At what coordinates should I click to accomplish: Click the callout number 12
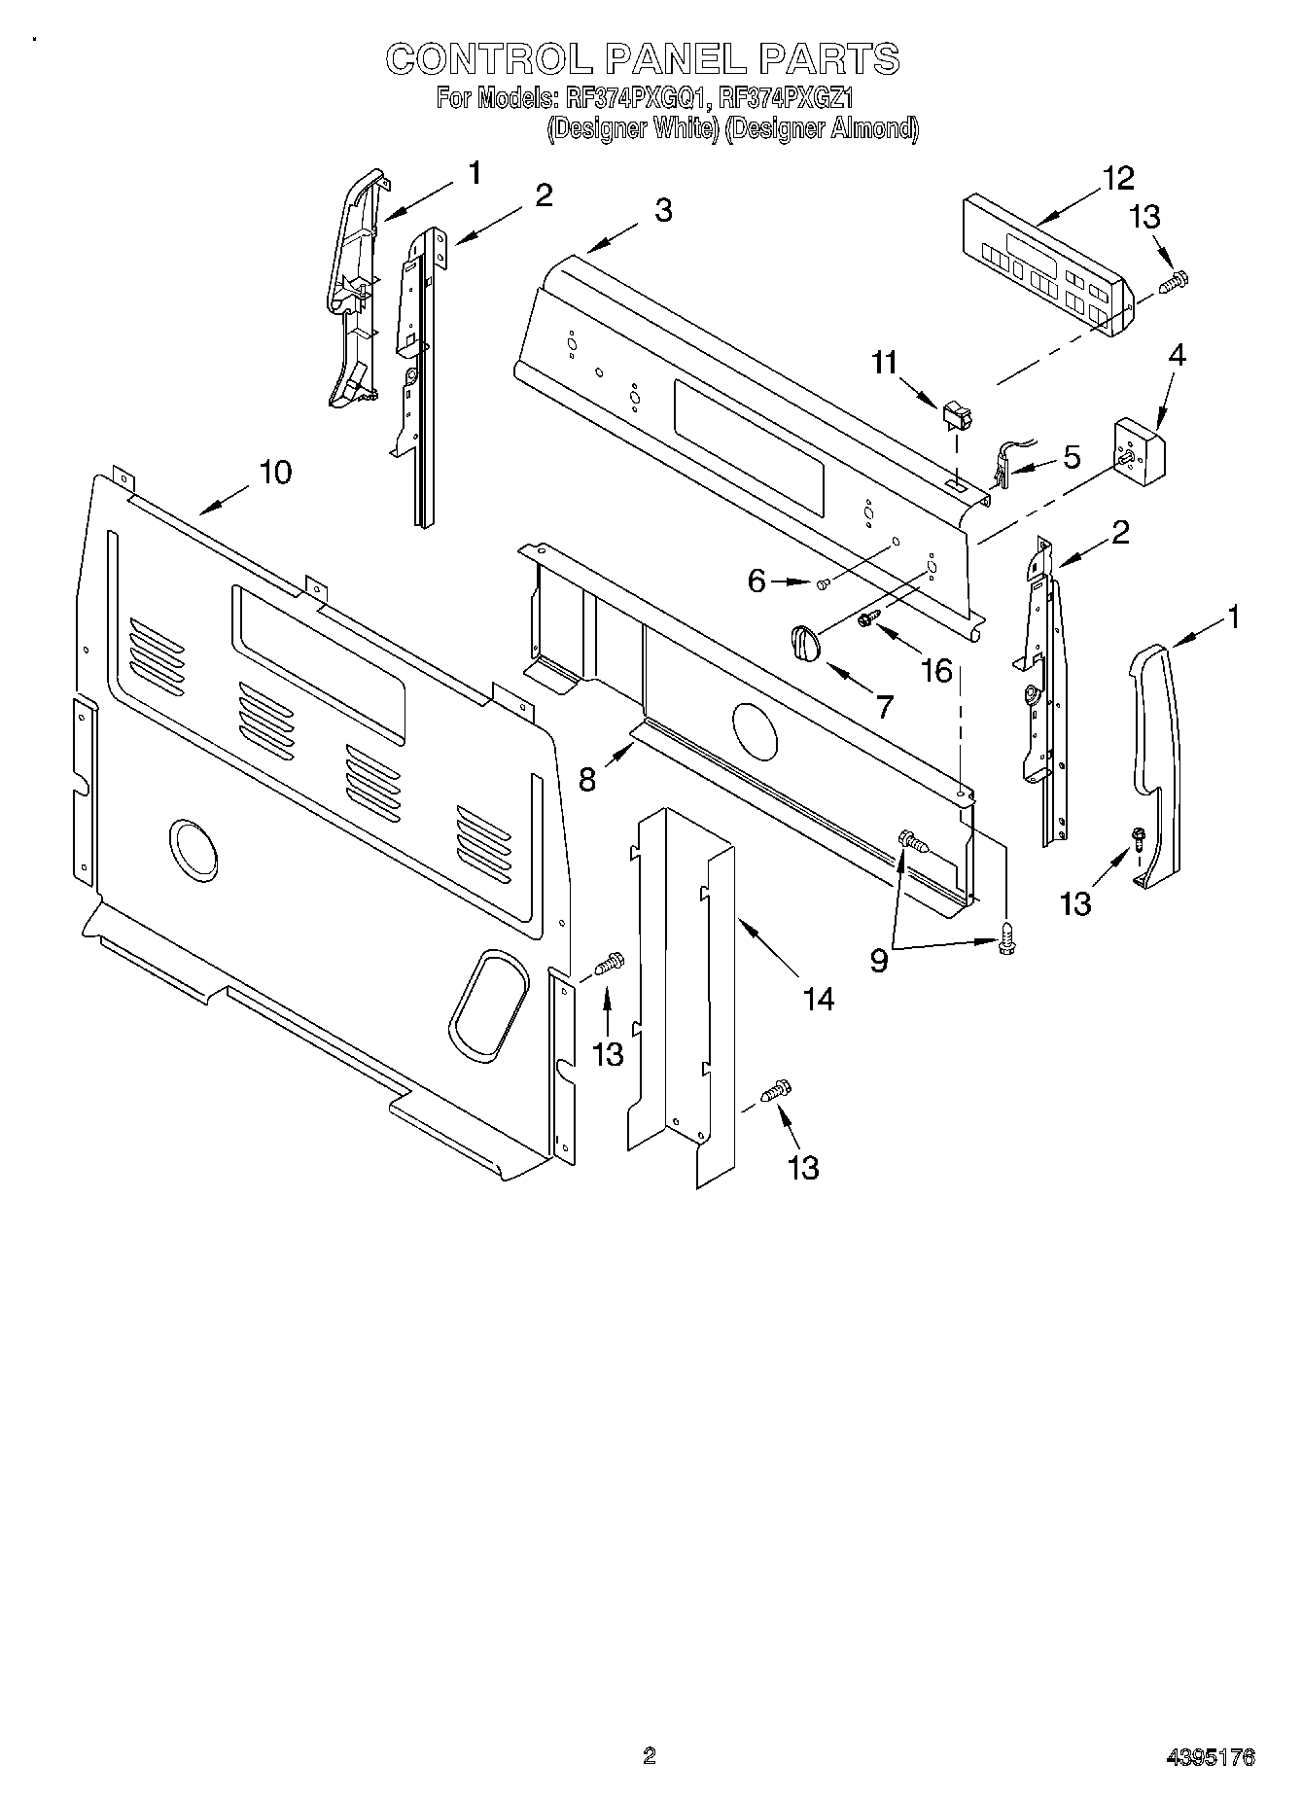[1118, 179]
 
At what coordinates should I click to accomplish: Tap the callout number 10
[274, 473]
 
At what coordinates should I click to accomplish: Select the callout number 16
[936, 670]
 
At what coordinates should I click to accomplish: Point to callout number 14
[819, 998]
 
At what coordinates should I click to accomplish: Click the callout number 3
[662, 210]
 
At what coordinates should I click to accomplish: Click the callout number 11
[884, 363]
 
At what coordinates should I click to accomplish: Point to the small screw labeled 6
[823, 583]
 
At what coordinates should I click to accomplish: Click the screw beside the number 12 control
[1175, 280]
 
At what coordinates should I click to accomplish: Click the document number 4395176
[1210, 1756]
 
